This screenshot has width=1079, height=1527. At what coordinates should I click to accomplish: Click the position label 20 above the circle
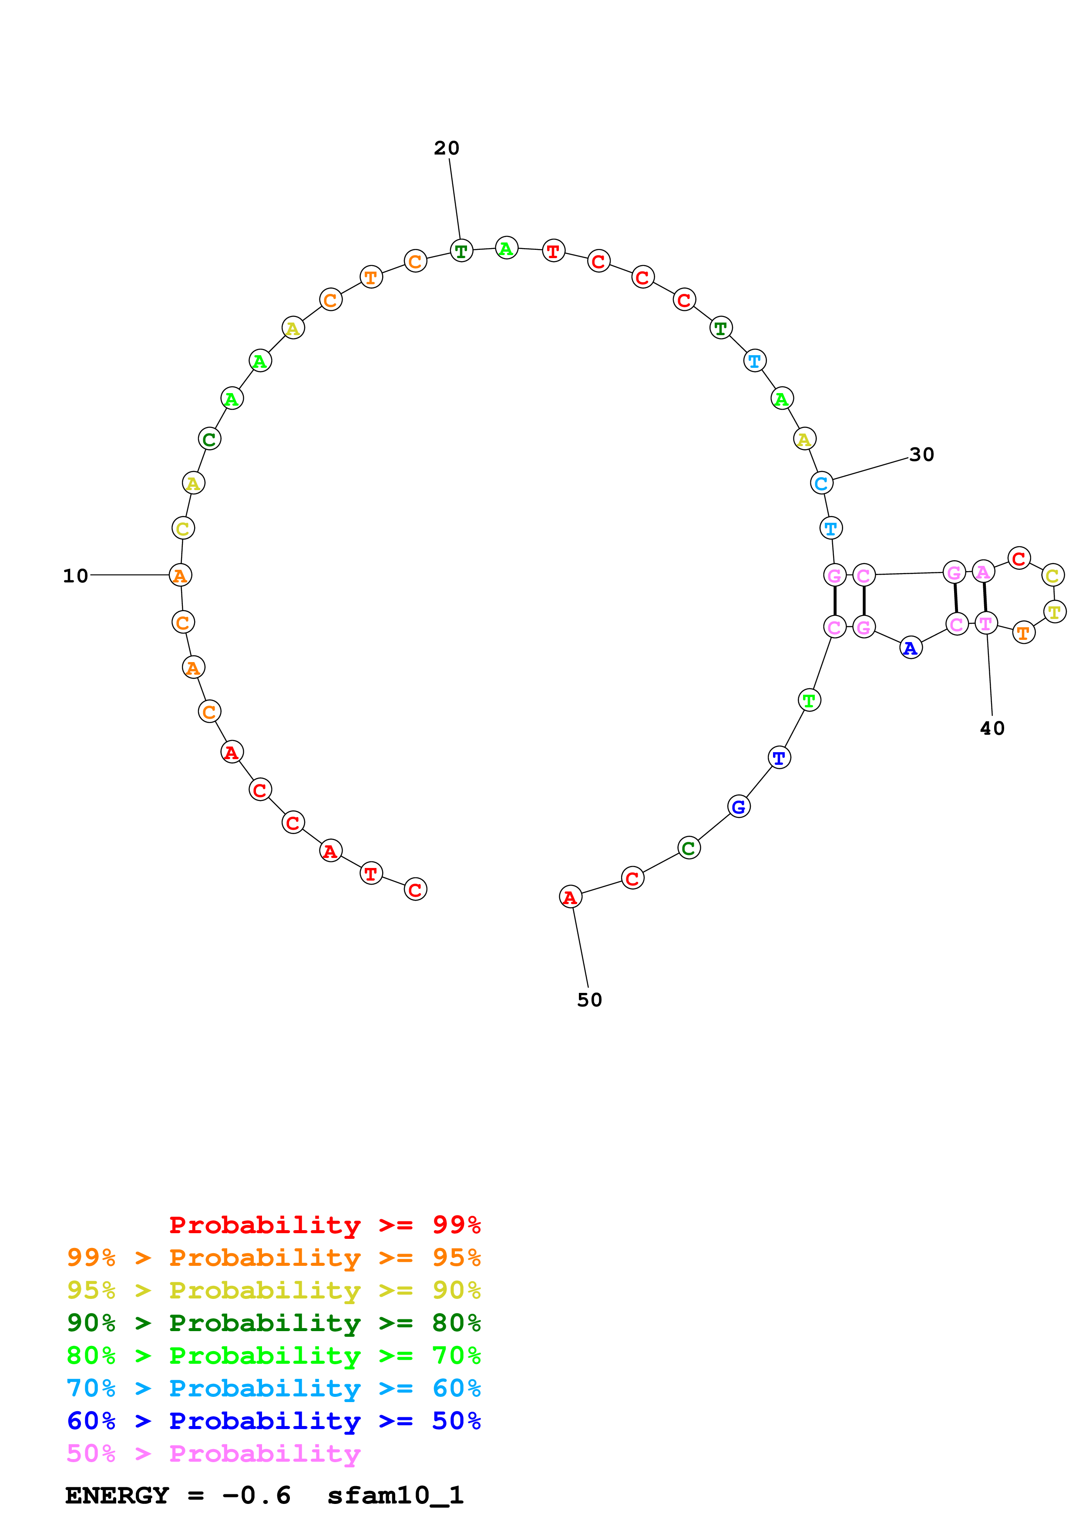[x=446, y=148]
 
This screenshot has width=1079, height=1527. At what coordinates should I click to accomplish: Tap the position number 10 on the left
[x=75, y=576]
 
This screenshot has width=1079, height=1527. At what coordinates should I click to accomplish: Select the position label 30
[x=921, y=455]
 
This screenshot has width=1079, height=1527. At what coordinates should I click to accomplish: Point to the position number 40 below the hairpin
[x=992, y=728]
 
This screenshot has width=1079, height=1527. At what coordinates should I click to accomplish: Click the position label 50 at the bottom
[x=589, y=1000]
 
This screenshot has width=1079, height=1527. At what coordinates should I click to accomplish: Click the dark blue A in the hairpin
[x=910, y=648]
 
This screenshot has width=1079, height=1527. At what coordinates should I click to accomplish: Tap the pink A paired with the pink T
[x=983, y=572]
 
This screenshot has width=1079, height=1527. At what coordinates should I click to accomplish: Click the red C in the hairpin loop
[x=1018, y=558]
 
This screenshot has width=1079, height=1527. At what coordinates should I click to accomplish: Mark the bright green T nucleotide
[x=809, y=700]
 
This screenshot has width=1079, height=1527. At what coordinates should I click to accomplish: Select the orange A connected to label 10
[x=180, y=575]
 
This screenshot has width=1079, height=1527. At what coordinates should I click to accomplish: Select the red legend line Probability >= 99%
[x=324, y=1225]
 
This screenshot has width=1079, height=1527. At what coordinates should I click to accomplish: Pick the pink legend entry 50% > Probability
[x=213, y=1454]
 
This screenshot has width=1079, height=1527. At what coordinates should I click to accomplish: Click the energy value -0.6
[x=256, y=1496]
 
